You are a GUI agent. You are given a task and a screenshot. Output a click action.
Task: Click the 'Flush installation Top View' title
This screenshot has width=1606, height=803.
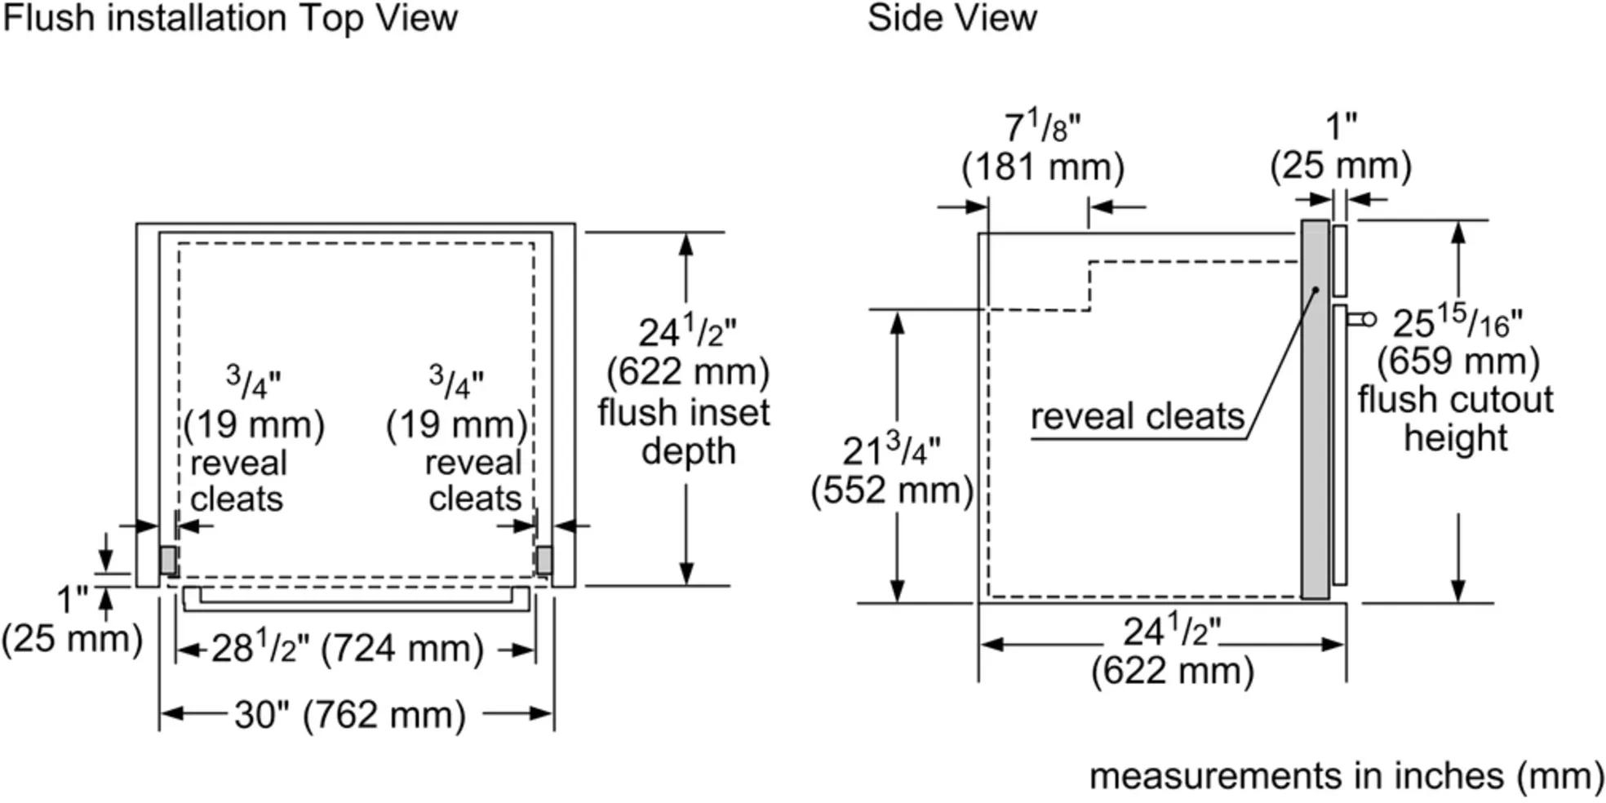coord(230,18)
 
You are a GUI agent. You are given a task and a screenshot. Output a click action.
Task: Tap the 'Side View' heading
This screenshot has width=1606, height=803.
coord(952,18)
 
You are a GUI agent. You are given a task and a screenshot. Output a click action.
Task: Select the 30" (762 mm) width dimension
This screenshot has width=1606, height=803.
coord(350,715)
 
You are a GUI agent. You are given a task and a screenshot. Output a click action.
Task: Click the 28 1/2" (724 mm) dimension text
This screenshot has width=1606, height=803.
coord(348,649)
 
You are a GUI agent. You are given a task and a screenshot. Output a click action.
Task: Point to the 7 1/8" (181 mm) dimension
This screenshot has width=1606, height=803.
coord(1042,148)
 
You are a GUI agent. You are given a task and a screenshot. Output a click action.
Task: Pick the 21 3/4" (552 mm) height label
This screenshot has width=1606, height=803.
coord(892,471)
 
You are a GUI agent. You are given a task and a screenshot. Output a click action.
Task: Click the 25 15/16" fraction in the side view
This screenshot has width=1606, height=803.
coord(1457,324)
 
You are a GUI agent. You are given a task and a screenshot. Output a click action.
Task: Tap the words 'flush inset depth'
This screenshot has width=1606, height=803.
coord(685,432)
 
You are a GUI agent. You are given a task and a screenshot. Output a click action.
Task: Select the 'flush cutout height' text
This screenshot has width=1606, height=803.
coord(1456,419)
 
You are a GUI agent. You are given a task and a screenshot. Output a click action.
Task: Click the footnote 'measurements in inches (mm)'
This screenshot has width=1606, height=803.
coord(1346,775)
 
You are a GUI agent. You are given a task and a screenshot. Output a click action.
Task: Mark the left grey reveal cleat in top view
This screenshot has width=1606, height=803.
coord(168,561)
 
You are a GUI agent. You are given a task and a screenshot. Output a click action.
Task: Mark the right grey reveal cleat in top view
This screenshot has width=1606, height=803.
coord(543,561)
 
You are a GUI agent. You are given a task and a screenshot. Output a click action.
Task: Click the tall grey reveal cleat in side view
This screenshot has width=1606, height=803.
coord(1315,408)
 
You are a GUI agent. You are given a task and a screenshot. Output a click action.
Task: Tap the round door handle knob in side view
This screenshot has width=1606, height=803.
coord(1369,319)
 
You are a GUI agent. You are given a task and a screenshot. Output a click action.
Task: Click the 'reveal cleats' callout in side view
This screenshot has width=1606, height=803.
coord(1137,416)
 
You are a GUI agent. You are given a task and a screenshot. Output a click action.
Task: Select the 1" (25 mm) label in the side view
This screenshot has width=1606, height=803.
coord(1341,147)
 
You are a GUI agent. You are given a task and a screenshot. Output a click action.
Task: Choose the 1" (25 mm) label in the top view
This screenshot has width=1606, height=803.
coord(72,620)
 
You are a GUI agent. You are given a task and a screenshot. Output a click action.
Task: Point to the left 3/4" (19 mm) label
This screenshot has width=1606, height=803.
coord(254,403)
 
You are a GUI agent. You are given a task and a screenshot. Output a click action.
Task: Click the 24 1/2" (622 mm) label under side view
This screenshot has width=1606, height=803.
coord(1172,651)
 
